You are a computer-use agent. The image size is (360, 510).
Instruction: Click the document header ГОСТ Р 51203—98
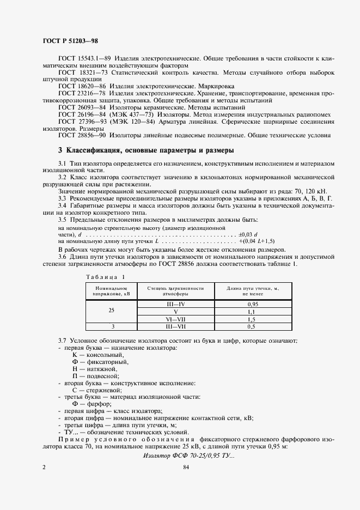70,41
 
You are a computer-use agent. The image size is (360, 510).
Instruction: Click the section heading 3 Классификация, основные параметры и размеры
146,150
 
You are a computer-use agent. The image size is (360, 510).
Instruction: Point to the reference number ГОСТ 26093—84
81,107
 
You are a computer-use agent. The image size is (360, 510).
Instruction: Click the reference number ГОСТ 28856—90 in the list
81,136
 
